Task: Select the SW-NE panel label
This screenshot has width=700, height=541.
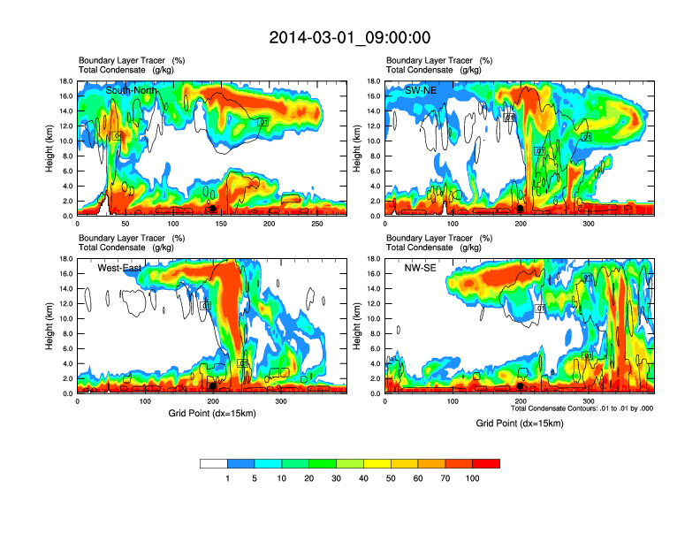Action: tap(422, 90)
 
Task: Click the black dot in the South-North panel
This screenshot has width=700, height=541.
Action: tap(212, 209)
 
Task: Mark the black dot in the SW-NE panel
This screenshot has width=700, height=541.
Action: tap(521, 209)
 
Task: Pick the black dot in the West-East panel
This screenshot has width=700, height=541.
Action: tap(213, 386)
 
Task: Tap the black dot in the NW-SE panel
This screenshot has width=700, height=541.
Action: tap(521, 386)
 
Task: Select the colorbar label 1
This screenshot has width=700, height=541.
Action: tap(227, 478)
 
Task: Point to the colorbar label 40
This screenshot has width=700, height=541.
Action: tap(363, 478)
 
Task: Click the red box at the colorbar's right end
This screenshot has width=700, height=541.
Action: tap(486, 463)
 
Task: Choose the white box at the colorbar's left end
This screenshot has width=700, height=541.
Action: tap(214, 463)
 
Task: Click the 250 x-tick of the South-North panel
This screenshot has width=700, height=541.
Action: tap(317, 224)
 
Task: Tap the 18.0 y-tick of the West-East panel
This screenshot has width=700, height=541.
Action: tap(65, 259)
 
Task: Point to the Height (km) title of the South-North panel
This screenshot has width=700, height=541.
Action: tap(50, 149)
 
